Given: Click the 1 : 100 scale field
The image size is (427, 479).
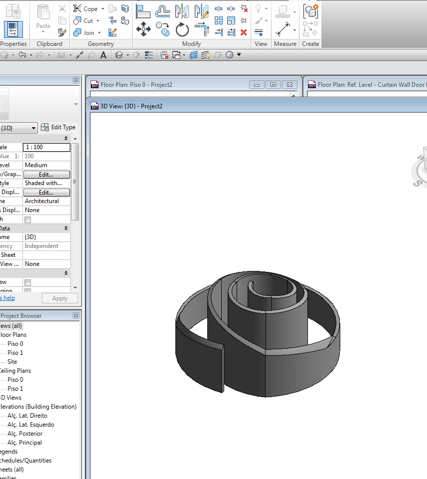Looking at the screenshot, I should pyautogui.click(x=46, y=147).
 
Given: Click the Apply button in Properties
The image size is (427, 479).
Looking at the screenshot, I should pyautogui.click(x=60, y=298).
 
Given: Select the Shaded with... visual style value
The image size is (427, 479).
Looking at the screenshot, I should pyautogui.click(x=46, y=183).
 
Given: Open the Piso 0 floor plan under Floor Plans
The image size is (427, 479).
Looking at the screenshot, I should pyautogui.click(x=15, y=344).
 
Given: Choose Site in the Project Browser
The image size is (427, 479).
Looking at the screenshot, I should pyautogui.click(x=12, y=362).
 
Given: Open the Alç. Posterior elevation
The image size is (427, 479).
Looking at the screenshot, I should pyautogui.click(x=25, y=434).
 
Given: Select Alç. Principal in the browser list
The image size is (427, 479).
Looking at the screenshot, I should pyautogui.click(x=24, y=443).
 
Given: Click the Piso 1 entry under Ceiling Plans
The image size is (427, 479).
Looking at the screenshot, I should pyautogui.click(x=15, y=389).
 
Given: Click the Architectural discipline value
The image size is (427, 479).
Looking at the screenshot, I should pyautogui.click(x=46, y=201).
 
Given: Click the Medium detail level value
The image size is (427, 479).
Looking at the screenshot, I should pyautogui.click(x=46, y=165).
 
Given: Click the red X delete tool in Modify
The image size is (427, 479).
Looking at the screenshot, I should pyautogui.click(x=244, y=32).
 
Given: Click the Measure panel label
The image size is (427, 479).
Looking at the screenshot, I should pyautogui.click(x=285, y=44).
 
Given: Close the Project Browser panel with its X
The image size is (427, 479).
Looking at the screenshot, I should pyautogui.click(x=76, y=316).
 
